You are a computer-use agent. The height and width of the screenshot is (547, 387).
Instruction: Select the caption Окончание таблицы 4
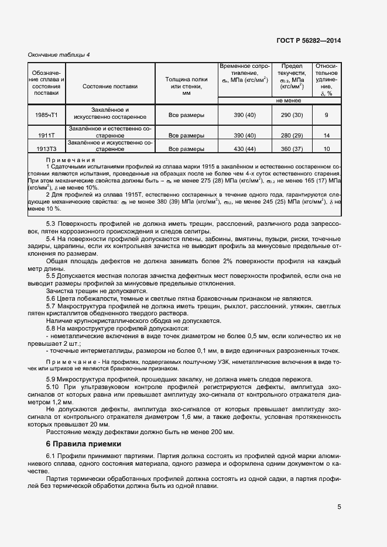click(x=59, y=55)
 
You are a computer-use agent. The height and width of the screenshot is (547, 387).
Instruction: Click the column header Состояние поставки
click(x=110, y=87)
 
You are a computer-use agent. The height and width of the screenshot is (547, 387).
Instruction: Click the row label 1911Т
click(x=46, y=135)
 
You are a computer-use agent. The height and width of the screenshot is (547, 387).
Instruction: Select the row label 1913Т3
click(x=46, y=149)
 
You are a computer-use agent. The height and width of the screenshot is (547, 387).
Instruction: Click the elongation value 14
click(x=326, y=135)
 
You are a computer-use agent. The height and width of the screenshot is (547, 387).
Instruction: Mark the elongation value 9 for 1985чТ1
click(x=326, y=115)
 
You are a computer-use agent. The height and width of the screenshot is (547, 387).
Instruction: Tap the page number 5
click(x=339, y=507)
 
